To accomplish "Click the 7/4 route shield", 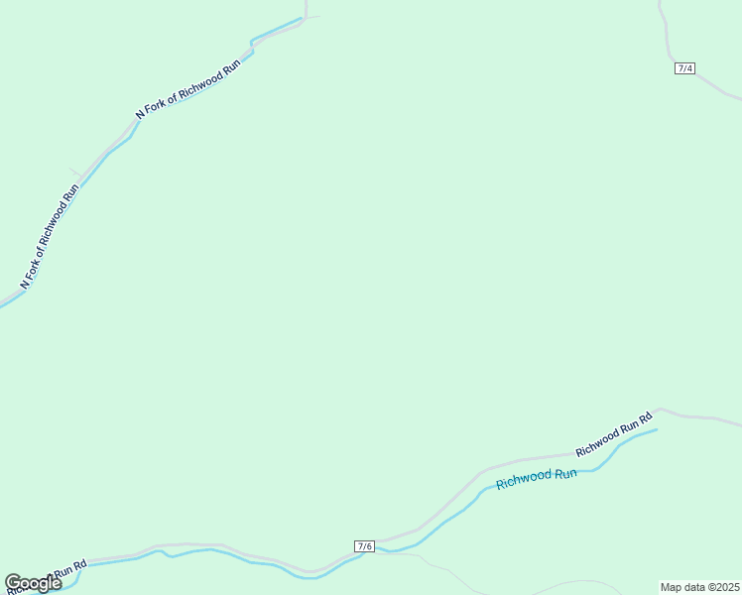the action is [x=684, y=68].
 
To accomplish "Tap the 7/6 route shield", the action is [x=364, y=546].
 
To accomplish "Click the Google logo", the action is [x=33, y=583].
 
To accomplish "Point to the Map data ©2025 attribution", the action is [x=699, y=587].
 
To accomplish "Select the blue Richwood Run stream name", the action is [x=536, y=478].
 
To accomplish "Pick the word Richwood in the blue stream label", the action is [x=522, y=481].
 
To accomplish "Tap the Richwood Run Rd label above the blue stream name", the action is [x=613, y=434].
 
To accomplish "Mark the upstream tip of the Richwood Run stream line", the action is [x=656, y=429].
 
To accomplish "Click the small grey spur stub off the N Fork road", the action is [x=74, y=174].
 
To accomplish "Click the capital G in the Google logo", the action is [x=14, y=583].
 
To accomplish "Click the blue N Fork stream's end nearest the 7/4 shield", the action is [x=301, y=19].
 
